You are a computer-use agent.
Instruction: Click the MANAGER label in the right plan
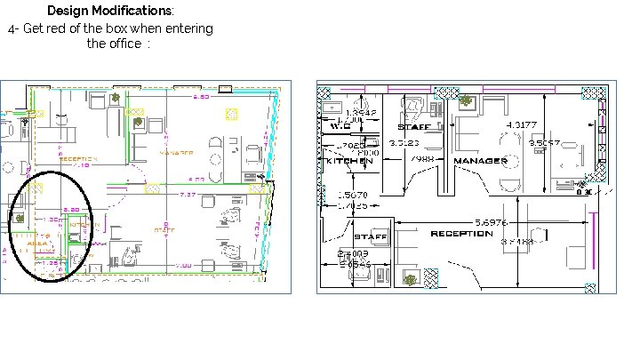pos(480,161)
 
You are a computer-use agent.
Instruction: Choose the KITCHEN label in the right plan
pos(348,161)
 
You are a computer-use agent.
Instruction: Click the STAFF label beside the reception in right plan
pos(370,237)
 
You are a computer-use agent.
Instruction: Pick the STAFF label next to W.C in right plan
pos(414,127)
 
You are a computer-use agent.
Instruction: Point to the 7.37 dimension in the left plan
pos(188,194)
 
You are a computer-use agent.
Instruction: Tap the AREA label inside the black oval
pos(38,242)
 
